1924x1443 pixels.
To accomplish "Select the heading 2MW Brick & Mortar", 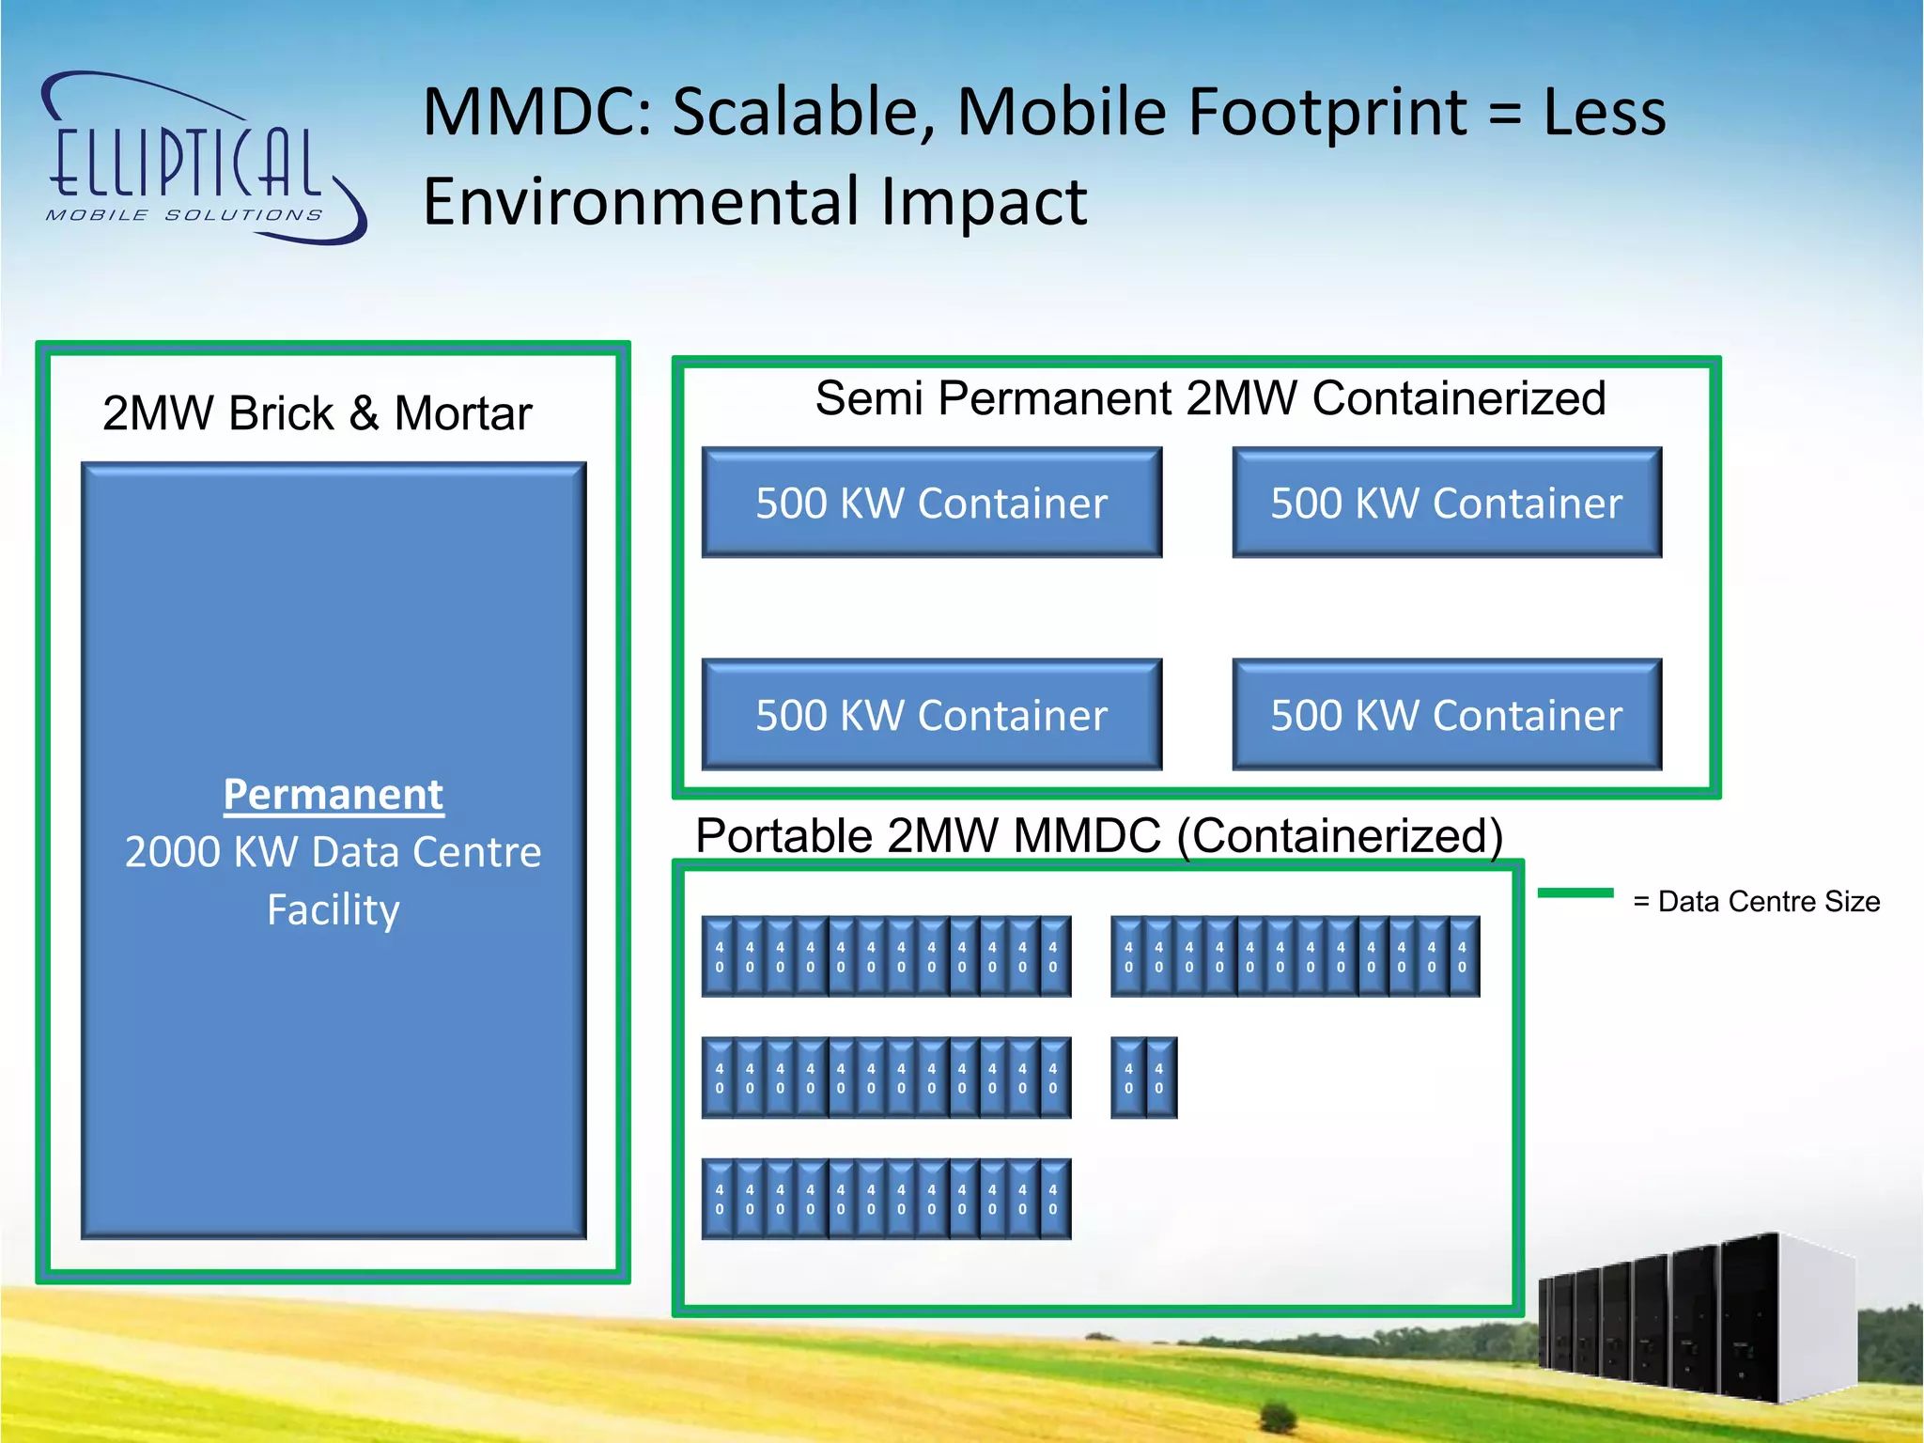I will tap(318, 413).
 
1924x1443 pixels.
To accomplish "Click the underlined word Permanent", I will tap(334, 795).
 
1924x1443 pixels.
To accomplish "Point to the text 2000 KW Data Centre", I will tap(334, 852).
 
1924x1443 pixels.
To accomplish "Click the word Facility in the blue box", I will tap(334, 909).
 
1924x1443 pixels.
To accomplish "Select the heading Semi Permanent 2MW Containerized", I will tap(1210, 398).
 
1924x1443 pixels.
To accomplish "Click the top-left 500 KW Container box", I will tap(931, 503).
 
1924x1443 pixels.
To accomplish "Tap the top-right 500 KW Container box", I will tap(1447, 503).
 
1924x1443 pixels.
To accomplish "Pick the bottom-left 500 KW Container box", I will tap(931, 715).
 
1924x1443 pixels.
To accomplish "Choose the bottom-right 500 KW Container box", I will tap(1447, 715).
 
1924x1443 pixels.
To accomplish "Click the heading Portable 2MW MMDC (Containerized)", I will tap(1099, 835).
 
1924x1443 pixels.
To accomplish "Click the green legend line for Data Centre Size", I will tap(1575, 893).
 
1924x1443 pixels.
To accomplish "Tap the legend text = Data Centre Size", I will tap(1757, 902).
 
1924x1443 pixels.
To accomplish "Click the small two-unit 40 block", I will tap(1143, 1078).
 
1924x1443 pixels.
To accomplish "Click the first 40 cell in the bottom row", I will tap(720, 1199).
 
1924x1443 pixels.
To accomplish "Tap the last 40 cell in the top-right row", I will tap(1462, 956).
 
